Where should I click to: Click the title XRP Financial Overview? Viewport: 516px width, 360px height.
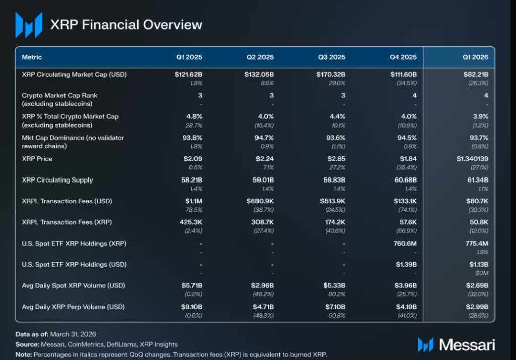[126, 25]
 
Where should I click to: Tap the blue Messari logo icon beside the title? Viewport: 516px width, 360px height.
[29, 25]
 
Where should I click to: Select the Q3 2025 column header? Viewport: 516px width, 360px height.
[332, 57]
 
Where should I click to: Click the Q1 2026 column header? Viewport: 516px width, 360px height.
[476, 57]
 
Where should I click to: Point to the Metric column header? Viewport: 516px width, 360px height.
[32, 57]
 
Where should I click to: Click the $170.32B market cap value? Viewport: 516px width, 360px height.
[331, 75]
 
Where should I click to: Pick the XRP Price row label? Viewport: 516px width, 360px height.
[37, 159]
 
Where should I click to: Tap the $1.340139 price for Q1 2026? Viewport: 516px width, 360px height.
[472, 159]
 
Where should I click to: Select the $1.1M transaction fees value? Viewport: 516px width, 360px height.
[193, 201]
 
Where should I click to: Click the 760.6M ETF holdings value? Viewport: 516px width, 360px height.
[405, 244]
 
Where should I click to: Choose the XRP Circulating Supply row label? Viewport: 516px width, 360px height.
[57, 180]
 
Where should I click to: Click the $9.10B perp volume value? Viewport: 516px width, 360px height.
[191, 307]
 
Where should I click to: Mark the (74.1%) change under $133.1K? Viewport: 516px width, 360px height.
[407, 210]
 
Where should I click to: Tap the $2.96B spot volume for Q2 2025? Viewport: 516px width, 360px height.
[262, 285]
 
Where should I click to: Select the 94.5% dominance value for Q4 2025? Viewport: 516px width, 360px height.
[407, 138]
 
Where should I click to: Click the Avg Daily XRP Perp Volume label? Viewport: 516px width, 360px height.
[74, 307]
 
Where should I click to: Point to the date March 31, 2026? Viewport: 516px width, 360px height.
[73, 334]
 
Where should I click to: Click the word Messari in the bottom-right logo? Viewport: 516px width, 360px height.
[467, 345]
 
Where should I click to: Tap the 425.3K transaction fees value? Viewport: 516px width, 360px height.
[191, 222]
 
